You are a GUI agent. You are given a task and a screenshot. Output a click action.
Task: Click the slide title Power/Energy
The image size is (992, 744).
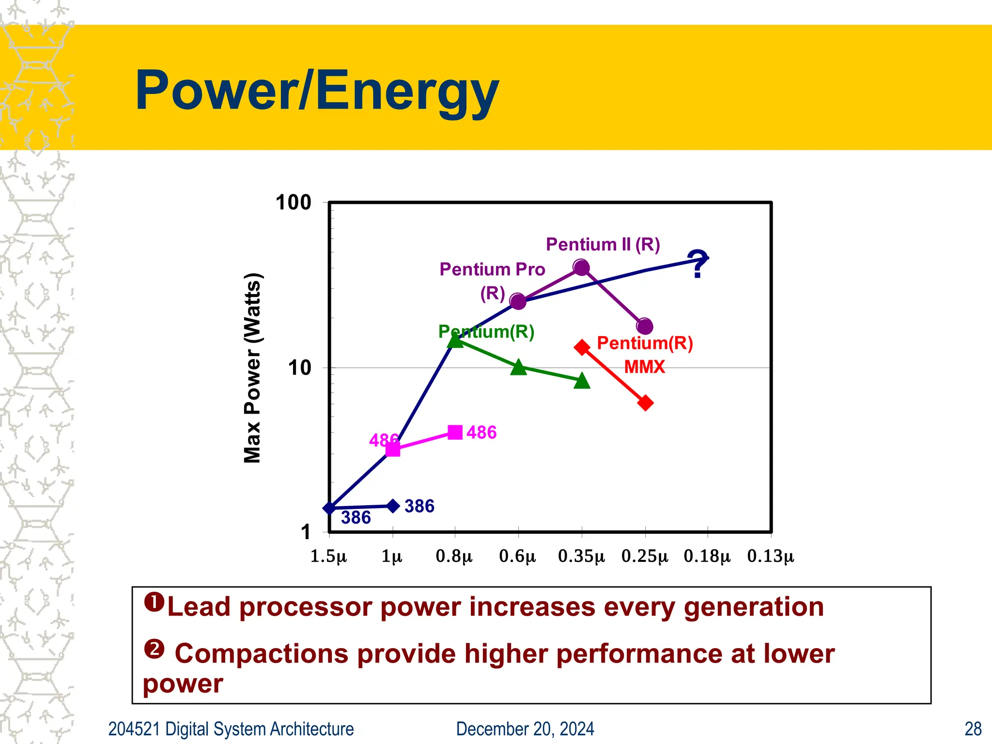click(x=317, y=91)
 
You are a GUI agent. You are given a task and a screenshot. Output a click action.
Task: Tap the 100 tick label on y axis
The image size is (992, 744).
click(x=293, y=202)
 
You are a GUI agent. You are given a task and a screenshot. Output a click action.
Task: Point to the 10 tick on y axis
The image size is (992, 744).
click(x=299, y=368)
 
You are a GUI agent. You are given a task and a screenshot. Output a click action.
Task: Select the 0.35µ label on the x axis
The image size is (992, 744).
click(x=581, y=556)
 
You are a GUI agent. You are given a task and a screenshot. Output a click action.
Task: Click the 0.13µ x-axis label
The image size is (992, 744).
click(x=771, y=556)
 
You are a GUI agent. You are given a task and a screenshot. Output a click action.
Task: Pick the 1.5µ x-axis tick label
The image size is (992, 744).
click(x=328, y=556)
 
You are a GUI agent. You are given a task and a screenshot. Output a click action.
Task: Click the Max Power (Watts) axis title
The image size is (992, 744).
click(x=252, y=368)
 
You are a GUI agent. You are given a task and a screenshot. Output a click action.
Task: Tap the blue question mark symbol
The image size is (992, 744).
click(x=697, y=264)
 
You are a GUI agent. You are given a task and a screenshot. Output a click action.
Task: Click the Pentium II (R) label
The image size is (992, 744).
click(x=603, y=245)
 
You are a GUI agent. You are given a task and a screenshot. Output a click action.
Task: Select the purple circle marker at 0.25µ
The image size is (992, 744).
click(x=645, y=326)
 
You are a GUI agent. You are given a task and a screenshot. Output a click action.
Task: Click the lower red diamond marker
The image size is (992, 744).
click(x=645, y=403)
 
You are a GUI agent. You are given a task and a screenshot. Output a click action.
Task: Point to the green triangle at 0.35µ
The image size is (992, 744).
click(x=582, y=381)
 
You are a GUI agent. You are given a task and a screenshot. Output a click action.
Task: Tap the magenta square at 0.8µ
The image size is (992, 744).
click(x=455, y=432)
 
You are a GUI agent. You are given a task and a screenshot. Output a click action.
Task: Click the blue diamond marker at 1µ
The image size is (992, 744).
click(x=393, y=506)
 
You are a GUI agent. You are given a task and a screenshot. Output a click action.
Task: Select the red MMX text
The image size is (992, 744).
click(x=644, y=367)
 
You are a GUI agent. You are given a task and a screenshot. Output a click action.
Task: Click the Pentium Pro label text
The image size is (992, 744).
click(x=492, y=269)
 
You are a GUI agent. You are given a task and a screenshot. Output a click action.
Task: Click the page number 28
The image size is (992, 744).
click(x=973, y=729)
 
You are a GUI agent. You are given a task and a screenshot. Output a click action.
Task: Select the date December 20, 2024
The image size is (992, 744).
click(x=525, y=729)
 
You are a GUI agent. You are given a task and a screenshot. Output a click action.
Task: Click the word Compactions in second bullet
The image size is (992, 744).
click(x=262, y=654)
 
